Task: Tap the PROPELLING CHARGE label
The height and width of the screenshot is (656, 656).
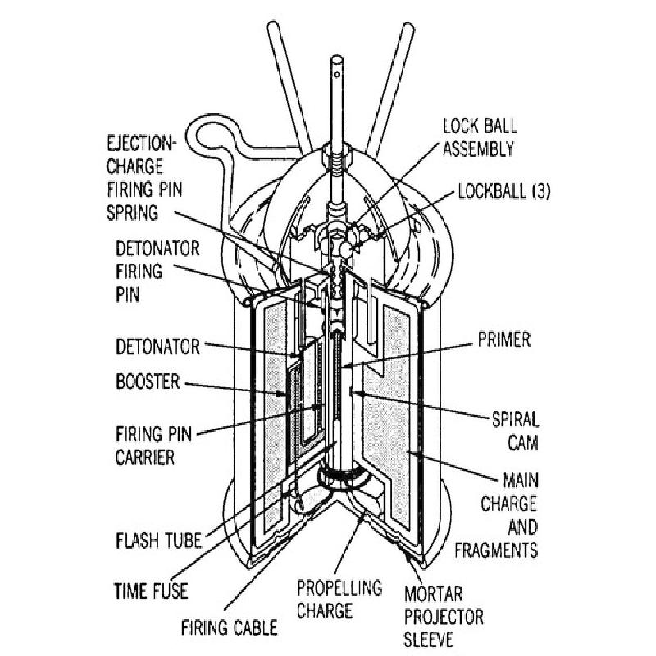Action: (x=339, y=599)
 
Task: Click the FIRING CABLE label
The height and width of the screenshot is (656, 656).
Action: (x=230, y=629)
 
